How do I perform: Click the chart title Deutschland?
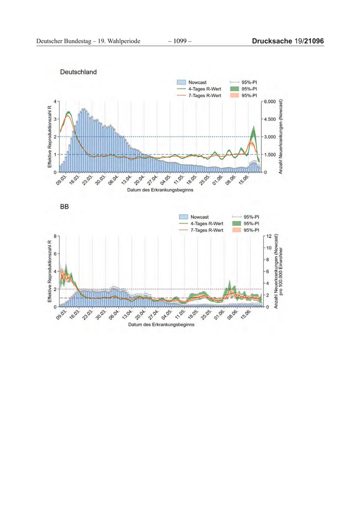[x=78, y=72]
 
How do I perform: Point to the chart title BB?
[x=64, y=207]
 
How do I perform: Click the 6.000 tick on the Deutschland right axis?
[x=270, y=102]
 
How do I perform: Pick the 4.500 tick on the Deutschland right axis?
[x=270, y=119]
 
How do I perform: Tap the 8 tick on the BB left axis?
[x=55, y=236]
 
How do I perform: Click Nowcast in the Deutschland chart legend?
[x=197, y=82]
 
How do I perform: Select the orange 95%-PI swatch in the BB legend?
[x=237, y=230]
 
